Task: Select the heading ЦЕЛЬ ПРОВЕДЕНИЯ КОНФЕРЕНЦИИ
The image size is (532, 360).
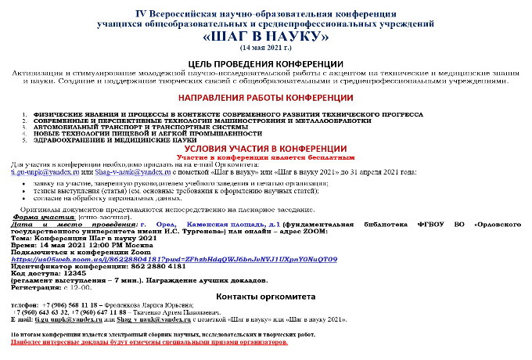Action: [267, 64]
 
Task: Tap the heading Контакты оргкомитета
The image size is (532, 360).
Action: [265, 297]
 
